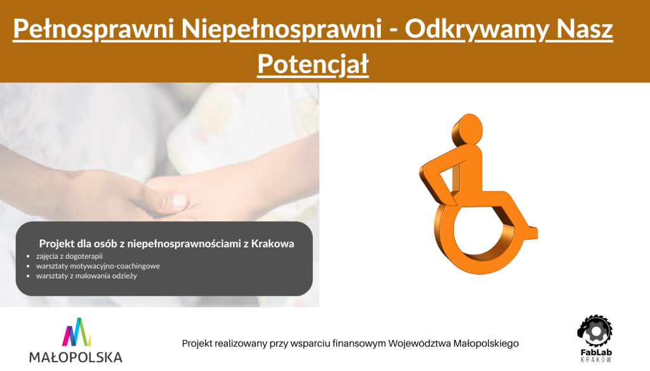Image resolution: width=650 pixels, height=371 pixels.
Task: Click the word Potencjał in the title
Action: pos(313,64)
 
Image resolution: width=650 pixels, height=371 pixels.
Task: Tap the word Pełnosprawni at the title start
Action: pos(93,29)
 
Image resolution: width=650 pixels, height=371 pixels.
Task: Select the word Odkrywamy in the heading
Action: pos(477,29)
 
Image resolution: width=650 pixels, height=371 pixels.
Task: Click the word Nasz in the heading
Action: pos(585,29)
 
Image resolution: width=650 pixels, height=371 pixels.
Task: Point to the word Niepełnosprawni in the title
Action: pos(281,29)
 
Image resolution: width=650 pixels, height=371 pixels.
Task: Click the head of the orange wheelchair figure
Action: pos(468,129)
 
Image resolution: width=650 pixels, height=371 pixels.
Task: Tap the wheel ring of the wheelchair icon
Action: pos(444,249)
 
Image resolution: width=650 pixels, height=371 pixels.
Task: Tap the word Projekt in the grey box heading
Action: pos(56,244)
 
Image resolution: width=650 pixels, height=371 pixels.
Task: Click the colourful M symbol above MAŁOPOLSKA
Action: pos(76,332)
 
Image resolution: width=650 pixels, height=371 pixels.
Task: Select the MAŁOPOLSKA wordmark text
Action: pos(76,357)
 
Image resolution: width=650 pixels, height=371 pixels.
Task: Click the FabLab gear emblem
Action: pos(595,330)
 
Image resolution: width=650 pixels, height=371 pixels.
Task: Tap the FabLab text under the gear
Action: pos(596,353)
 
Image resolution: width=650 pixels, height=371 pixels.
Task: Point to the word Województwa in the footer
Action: pos(420,343)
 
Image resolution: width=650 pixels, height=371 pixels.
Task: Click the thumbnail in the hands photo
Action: pos(180,201)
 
